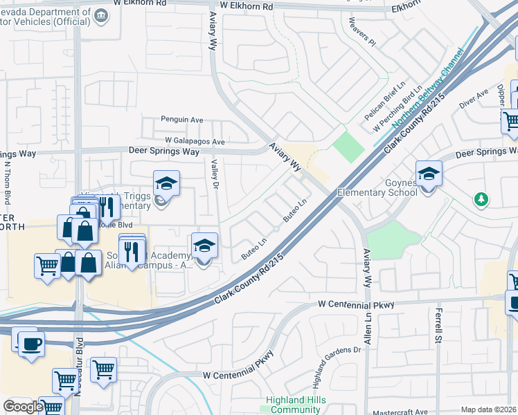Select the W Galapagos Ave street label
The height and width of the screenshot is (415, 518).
coord(195,141)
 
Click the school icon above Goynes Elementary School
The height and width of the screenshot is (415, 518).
coord(429,174)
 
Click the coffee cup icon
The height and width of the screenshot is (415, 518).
coord(31,343)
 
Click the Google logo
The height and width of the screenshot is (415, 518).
coord(23,407)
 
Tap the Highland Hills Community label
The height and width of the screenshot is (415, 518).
coord(295,405)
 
